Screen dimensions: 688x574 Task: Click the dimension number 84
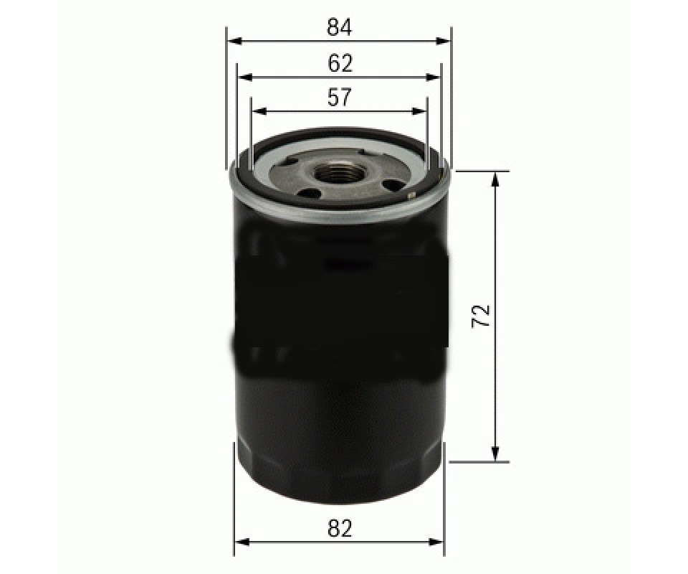point(339,28)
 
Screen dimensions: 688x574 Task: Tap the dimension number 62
point(340,64)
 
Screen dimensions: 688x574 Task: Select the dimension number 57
point(340,98)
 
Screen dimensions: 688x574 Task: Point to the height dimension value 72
point(482,315)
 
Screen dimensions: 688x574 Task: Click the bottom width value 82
point(340,528)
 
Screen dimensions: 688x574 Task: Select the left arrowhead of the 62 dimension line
point(245,77)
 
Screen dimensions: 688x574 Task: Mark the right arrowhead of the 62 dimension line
point(433,77)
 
